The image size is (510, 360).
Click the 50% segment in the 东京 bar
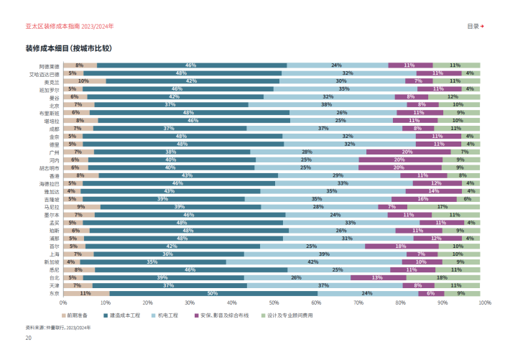click(213, 293)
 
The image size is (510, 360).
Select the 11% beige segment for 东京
click(85, 293)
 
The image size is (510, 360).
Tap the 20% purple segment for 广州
click(407, 152)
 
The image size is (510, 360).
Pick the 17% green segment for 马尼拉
click(443, 207)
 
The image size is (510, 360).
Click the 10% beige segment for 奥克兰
click(83, 81)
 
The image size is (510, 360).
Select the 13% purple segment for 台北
click(378, 277)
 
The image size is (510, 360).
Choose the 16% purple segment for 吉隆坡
click(423, 199)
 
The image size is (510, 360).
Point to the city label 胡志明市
click(49, 168)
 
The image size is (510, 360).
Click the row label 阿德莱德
click(49, 65)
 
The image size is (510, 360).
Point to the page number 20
click(29, 337)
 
